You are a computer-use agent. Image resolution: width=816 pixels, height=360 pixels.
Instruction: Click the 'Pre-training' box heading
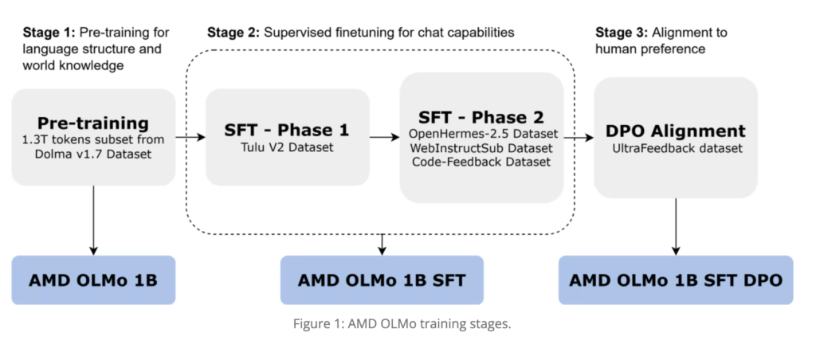pyautogui.click(x=93, y=123)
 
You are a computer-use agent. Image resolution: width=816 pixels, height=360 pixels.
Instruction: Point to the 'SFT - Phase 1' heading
pyautogui.click(x=287, y=129)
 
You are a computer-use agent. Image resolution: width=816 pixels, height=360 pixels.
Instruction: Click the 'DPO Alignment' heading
pyautogui.click(x=676, y=131)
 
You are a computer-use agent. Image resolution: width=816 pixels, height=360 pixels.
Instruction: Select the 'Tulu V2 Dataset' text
pyautogui.click(x=287, y=147)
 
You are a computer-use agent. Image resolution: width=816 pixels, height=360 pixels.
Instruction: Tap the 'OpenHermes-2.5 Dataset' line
pyautogui.click(x=483, y=133)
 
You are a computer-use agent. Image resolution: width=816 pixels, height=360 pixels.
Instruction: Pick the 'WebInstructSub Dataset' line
pyautogui.click(x=483, y=147)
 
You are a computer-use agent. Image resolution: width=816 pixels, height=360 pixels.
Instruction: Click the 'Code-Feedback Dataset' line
pyautogui.click(x=483, y=162)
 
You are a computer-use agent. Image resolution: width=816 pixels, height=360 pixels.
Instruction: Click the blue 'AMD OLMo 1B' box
pyautogui.click(x=93, y=280)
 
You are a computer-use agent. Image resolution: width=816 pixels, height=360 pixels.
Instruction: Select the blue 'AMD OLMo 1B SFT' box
pyautogui.click(x=382, y=280)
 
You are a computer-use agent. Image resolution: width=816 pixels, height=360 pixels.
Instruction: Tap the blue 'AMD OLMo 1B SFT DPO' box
pyautogui.click(x=676, y=280)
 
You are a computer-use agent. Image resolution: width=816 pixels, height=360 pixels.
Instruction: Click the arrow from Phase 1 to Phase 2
pyautogui.click(x=385, y=137)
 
